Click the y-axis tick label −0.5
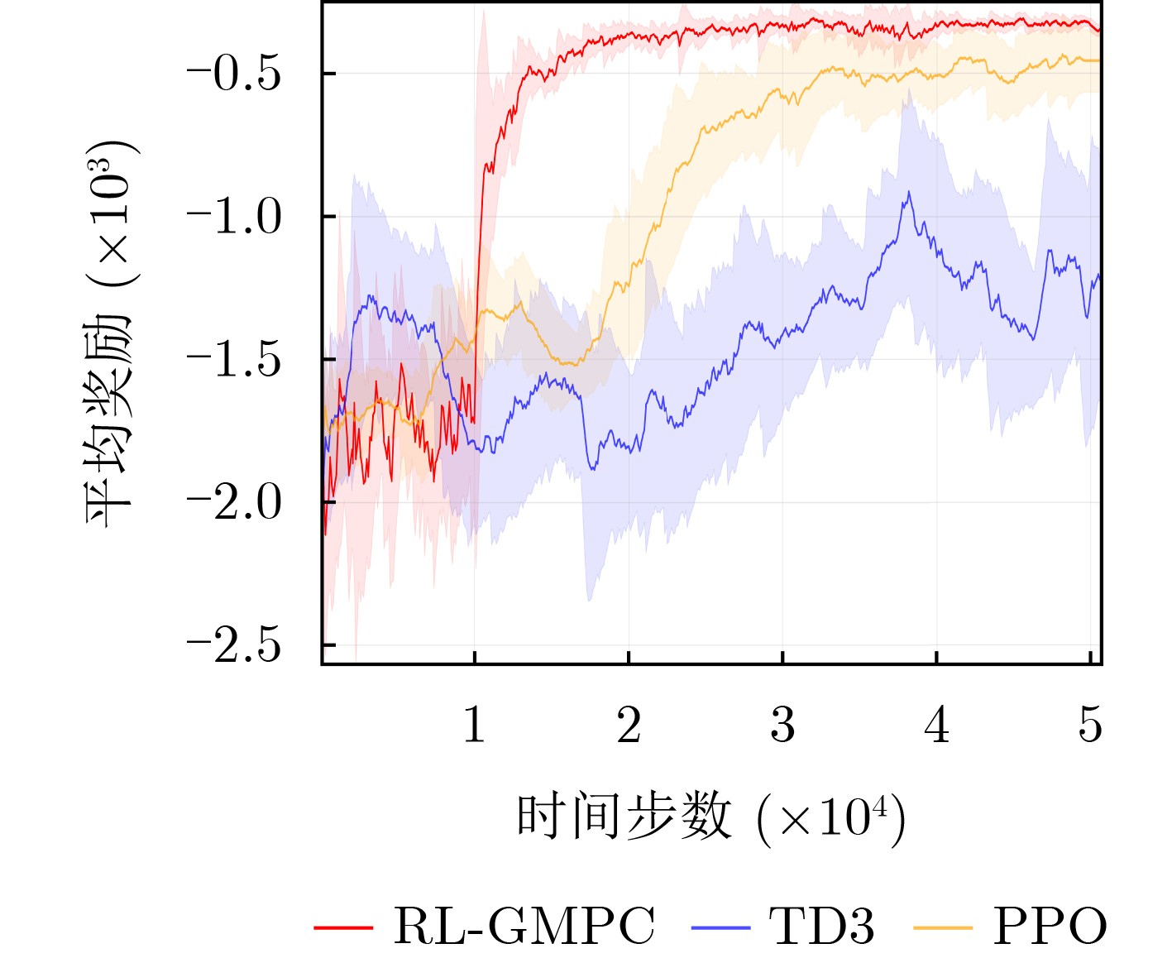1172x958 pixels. (235, 74)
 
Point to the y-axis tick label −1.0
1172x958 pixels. (235, 217)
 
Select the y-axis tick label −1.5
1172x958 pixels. (235, 360)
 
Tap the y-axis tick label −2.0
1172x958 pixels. (235, 503)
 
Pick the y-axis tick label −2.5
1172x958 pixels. (235, 645)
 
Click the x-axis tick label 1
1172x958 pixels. (474, 726)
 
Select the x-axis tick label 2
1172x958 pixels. (629, 726)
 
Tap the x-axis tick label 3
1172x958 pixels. (782, 726)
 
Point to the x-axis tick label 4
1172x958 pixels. (937, 726)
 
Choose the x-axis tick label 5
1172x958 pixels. (1090, 726)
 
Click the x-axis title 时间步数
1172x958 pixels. (624, 817)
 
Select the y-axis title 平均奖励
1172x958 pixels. (109, 422)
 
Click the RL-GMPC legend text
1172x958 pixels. (524, 926)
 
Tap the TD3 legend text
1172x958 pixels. (821, 926)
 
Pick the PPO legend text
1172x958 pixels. (1050, 926)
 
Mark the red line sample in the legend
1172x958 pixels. (343, 927)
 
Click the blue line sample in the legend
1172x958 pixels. (720, 927)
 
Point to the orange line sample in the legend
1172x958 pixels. (943, 927)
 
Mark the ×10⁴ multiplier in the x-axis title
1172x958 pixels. (831, 818)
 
